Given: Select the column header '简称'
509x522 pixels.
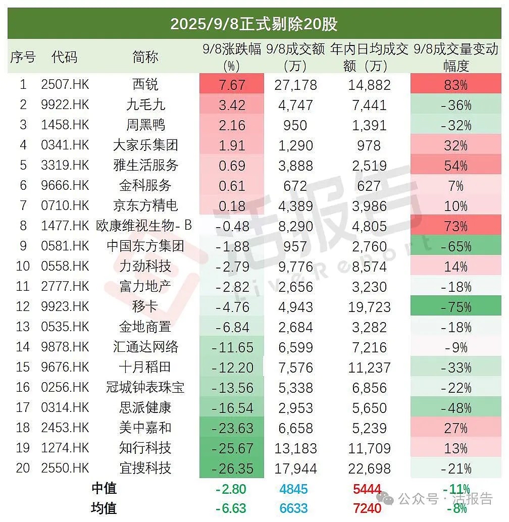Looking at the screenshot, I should [145, 57].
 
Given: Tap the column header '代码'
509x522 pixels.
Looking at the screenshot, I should [65, 57].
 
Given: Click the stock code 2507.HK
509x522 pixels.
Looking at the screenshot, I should [65, 84].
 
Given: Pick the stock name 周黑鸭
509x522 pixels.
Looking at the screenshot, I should [145, 125].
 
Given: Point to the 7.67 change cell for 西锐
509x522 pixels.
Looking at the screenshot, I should [232, 84].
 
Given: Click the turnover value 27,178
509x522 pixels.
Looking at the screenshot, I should [295, 84].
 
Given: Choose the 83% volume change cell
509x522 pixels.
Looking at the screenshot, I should [455, 84].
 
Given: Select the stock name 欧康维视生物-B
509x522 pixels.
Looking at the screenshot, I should [145, 226].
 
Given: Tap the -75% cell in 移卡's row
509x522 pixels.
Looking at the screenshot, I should [455, 306].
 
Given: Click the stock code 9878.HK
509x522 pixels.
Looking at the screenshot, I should [65, 347].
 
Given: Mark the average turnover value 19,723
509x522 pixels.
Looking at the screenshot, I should [369, 306].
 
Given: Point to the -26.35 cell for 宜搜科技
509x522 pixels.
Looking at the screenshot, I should [232, 468].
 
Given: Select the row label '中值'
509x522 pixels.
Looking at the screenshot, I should [104, 488].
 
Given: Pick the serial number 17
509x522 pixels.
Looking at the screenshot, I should [23, 407].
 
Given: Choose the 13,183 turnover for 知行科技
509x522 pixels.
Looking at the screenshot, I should [295, 448].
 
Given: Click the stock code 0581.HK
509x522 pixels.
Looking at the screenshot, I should [65, 246].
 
